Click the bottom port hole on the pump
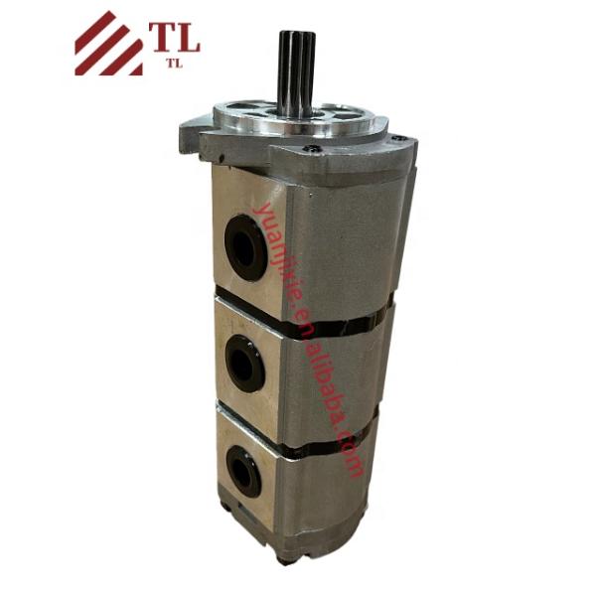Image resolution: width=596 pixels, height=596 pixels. tap(242, 471)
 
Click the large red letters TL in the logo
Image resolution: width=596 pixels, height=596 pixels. tap(175, 36)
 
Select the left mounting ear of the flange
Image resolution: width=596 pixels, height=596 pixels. tap(193, 130)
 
